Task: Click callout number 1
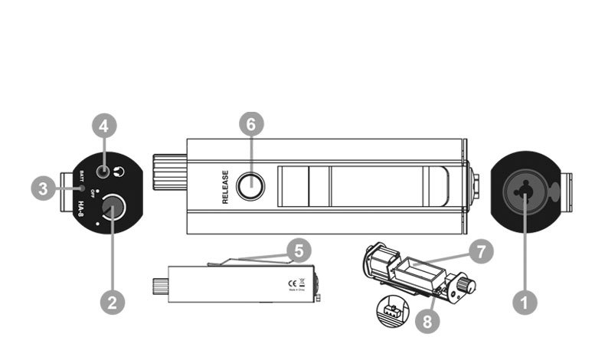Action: coord(525,302)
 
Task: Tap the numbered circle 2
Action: coord(112,302)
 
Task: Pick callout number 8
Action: coord(428,321)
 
